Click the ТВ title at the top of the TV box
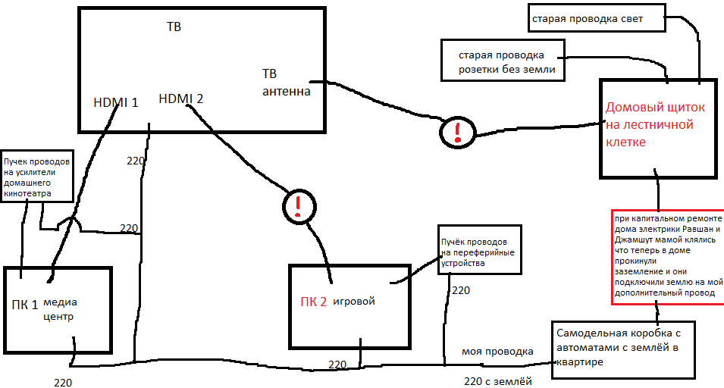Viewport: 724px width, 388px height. point(174,27)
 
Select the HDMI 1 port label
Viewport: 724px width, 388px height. point(115,102)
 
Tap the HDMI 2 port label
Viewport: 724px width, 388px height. point(180,99)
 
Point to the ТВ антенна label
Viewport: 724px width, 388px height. point(286,83)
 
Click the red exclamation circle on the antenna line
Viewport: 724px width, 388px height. point(456,133)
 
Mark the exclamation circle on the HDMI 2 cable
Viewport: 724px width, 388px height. point(299,205)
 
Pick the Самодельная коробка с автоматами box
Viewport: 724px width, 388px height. point(622,349)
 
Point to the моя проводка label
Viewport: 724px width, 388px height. point(497,352)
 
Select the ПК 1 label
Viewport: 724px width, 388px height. point(25,305)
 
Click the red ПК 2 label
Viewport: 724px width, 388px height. point(313,302)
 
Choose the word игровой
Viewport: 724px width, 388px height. point(355,302)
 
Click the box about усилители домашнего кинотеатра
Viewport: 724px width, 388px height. point(37,177)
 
